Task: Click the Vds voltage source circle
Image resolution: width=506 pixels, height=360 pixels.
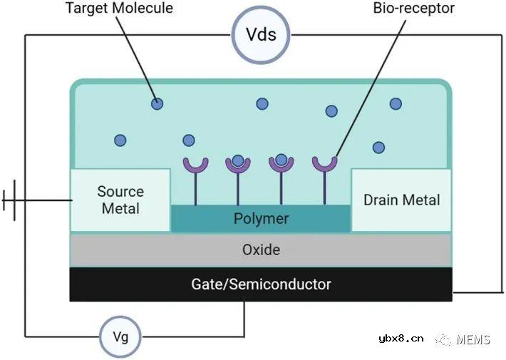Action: [x=261, y=34]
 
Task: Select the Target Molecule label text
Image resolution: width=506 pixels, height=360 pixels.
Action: [x=119, y=9]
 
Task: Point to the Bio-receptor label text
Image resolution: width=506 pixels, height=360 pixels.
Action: [x=413, y=9]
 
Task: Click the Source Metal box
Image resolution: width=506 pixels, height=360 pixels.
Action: [x=120, y=200]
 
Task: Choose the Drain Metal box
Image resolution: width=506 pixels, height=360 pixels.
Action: [x=401, y=200]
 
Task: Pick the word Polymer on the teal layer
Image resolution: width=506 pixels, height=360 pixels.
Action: [x=261, y=218]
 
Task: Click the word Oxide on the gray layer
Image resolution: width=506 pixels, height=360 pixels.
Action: [x=261, y=250]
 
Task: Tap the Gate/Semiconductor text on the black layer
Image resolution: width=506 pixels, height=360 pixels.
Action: [x=261, y=284]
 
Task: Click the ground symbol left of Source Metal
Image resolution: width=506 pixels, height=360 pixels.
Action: [x=14, y=200]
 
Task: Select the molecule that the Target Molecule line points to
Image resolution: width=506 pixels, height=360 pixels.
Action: [x=157, y=104]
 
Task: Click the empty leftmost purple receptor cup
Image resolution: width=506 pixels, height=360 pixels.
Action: [x=194, y=165]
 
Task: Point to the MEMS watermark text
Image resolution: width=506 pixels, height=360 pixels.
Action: [x=473, y=339]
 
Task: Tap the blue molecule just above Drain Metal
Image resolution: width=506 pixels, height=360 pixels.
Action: [x=378, y=148]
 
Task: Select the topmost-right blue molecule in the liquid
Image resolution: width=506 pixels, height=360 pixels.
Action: [x=396, y=103]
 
